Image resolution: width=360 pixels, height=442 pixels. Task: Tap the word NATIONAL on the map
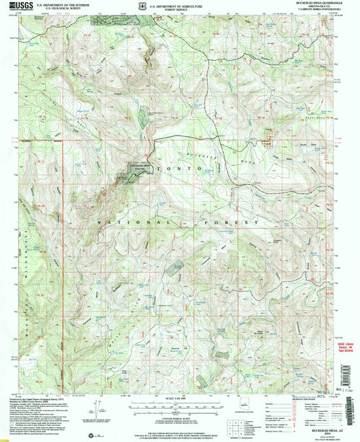coord(118,221)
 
